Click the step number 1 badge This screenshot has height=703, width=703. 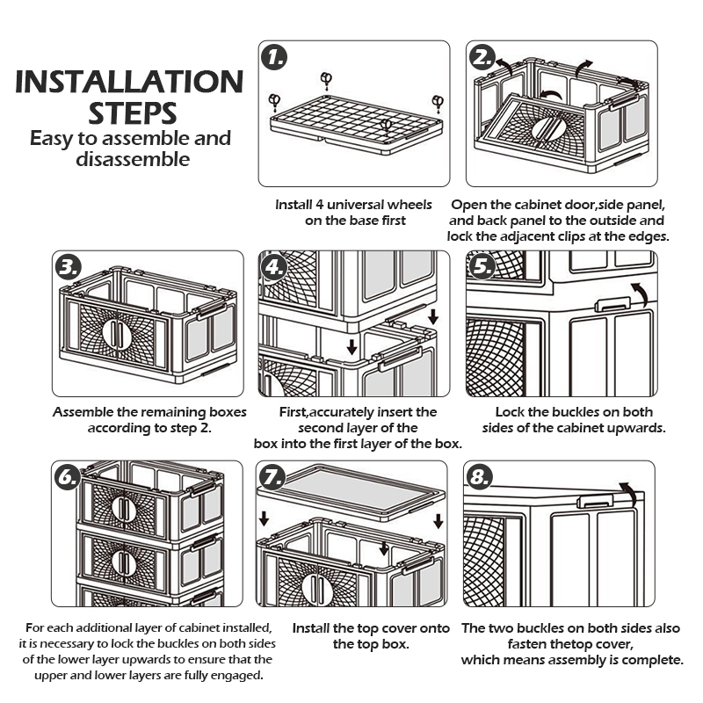pos(274,58)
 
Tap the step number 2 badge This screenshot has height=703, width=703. pos(482,58)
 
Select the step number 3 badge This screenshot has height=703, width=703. pos(69,268)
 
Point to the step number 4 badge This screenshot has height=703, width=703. pos(274,268)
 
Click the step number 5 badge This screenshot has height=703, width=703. pos(482,266)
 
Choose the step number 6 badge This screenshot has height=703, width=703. pos(68,477)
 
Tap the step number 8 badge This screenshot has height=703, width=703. pos(480,476)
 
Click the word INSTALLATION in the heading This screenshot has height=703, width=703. pos(129,82)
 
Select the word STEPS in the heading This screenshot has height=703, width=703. pos(133,113)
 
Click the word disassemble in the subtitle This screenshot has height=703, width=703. pos(133,159)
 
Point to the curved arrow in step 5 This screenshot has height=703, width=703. pos(641,294)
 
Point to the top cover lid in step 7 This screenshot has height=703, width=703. pos(351,492)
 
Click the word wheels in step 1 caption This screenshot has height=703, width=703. pos(408,205)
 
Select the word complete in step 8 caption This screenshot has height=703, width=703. pos(652,661)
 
